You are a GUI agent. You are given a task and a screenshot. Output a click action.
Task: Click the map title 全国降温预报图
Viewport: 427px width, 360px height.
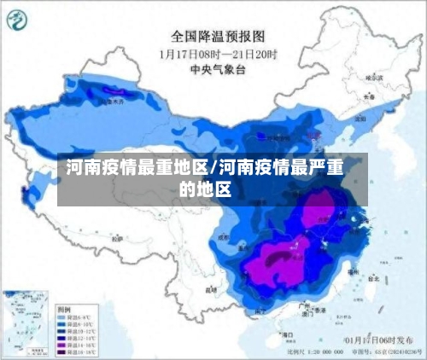(x=219, y=36)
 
